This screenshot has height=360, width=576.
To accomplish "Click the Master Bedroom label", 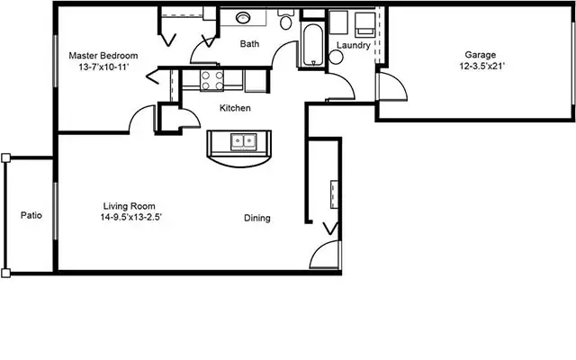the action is tap(103, 56).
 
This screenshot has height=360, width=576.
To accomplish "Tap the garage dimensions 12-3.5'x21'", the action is tap(482, 66).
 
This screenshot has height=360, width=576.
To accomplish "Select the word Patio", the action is tap(31, 215).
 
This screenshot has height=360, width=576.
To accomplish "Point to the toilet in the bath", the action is tap(286, 19).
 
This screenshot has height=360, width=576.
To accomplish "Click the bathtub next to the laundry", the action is tap(313, 45).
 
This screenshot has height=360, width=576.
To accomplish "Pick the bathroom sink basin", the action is tap(243, 17).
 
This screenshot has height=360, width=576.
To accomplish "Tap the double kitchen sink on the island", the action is tap(244, 142).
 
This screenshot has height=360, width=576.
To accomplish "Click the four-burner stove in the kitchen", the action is tap(212, 80).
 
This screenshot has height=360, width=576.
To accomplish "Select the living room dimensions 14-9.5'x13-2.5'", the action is tap(131, 217).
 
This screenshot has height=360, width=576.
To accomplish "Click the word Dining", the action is tap(257, 218).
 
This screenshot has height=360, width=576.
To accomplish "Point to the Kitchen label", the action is tap(235, 108).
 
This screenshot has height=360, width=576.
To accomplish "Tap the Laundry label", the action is tap(354, 46).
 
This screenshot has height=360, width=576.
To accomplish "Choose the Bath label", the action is tap(249, 44).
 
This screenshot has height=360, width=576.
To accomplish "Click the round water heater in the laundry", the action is tap(336, 57).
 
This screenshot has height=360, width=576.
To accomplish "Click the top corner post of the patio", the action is tap(6, 158).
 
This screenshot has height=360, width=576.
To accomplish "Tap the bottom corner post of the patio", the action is tap(6, 273).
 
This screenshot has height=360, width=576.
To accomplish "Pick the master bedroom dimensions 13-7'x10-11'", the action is tap(103, 67).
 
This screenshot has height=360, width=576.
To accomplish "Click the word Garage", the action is tap(481, 55).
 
